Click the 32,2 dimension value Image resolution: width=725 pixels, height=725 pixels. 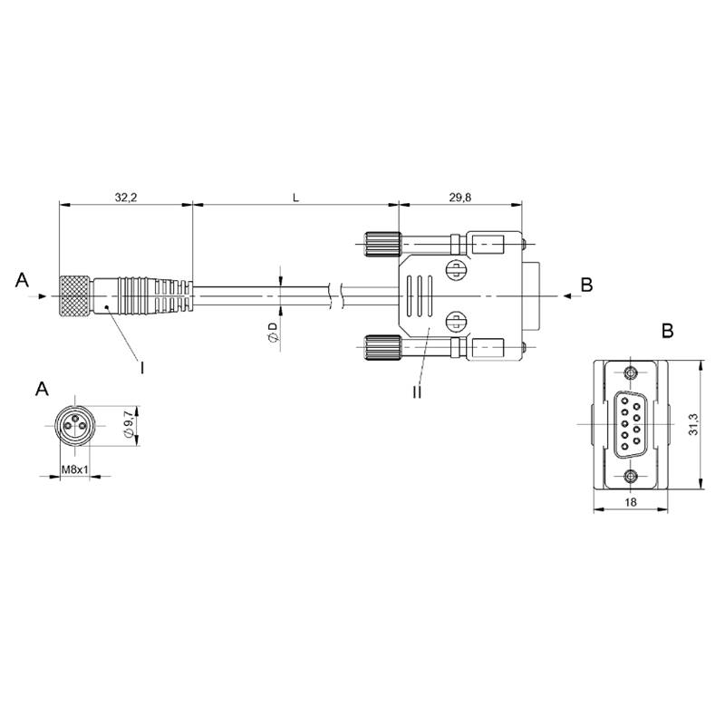[126, 198]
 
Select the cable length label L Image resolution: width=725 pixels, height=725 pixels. [296, 198]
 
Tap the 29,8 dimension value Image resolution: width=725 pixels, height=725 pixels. [460, 198]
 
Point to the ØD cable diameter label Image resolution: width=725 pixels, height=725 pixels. [273, 333]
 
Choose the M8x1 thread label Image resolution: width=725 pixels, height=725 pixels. [75, 469]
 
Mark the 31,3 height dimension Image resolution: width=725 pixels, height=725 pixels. [693, 424]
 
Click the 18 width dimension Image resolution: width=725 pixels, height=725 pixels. [630, 502]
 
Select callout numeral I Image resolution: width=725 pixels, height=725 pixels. [142, 368]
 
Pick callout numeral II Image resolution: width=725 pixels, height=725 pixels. [417, 392]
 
